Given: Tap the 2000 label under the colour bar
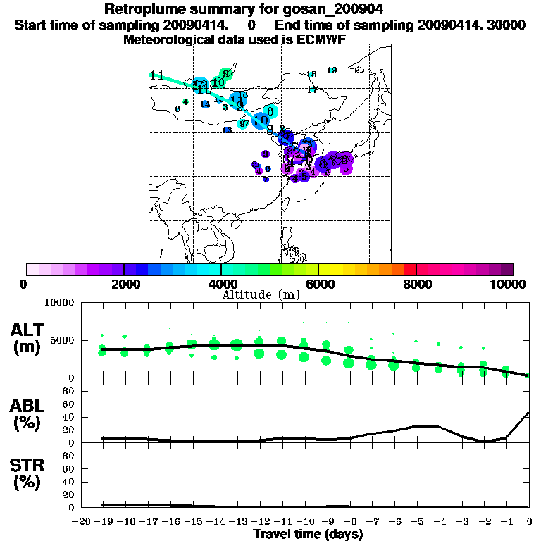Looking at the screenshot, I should [x=123, y=284].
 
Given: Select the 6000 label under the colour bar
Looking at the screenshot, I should [x=318, y=284].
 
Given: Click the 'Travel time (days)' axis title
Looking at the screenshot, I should [x=309, y=534].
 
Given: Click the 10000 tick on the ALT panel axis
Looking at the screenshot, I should [x=59, y=303].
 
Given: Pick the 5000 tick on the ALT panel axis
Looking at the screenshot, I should [x=62, y=340].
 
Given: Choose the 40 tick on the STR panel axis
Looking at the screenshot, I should [x=70, y=482].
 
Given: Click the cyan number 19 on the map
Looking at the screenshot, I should [x=332, y=70].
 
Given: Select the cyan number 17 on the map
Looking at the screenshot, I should [x=312, y=89].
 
